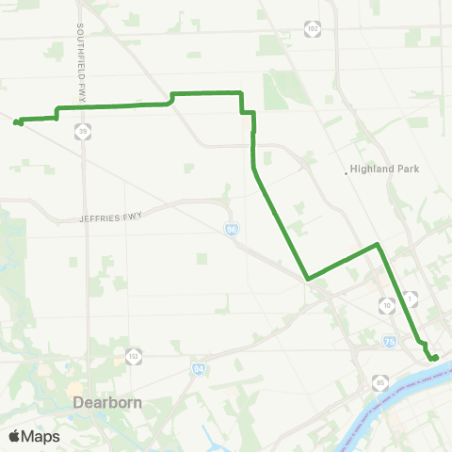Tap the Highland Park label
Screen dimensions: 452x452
pos(383,170)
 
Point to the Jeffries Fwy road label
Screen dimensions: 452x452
pos(110,218)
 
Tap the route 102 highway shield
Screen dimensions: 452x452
pos(312,29)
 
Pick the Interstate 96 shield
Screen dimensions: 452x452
pos(232,229)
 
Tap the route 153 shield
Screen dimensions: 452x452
pos(134,357)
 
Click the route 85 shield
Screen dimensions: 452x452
pos(379,381)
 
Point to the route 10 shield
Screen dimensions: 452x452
pos(386,305)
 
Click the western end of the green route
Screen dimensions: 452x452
pos(17,121)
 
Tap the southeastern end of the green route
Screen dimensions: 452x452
pos(435,357)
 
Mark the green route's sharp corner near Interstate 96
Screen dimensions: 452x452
pos(308,279)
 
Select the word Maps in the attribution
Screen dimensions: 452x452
pos(40,436)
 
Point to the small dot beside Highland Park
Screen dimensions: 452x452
pos(346,170)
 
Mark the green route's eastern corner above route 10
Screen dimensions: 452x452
pos(378,245)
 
